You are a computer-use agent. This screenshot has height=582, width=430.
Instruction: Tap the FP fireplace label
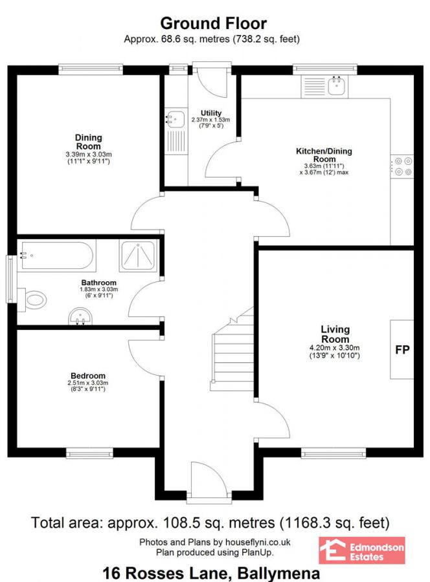coord(402,350)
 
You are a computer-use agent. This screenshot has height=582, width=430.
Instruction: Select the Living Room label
coord(335,334)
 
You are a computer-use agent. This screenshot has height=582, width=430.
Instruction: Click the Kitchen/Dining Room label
coord(324,155)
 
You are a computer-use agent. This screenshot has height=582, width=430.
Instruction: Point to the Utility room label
coord(211,113)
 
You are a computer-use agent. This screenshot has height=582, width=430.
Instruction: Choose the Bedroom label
coord(88,376)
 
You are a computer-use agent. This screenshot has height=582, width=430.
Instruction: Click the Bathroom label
coord(98,283)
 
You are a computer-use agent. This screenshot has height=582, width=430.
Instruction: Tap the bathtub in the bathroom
coord(58,255)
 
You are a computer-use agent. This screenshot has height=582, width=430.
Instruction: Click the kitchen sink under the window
coord(335,85)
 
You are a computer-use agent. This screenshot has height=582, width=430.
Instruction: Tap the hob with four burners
coord(402,167)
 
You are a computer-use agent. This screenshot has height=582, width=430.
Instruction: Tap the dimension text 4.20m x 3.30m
coord(335,347)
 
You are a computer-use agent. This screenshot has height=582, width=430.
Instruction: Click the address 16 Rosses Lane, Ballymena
coord(212,572)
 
